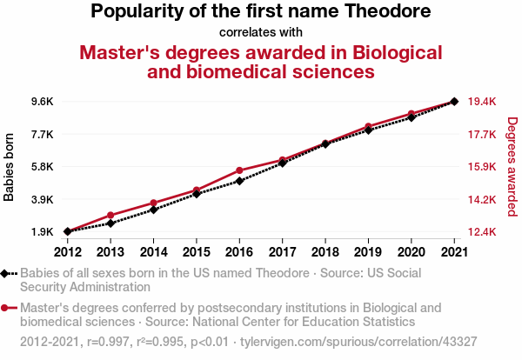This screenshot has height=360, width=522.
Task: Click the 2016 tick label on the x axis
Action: [239, 251]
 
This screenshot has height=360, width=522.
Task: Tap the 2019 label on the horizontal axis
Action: [368, 251]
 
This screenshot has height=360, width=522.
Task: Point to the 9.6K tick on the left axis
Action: [43, 102]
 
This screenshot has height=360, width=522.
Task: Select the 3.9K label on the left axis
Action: [43, 200]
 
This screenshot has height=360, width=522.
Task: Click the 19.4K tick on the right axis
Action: [482, 102]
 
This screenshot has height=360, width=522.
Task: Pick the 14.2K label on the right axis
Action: [482, 200]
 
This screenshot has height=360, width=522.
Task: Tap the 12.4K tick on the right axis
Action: [482, 232]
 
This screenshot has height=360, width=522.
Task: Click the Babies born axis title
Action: [10, 167]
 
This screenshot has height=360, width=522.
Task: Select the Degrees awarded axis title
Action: [512, 167]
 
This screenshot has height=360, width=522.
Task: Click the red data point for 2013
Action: [110, 215]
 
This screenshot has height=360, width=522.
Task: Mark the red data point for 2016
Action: [239, 170]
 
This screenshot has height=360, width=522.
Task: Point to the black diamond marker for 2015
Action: [197, 194]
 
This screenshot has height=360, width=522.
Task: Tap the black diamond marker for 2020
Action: [412, 117]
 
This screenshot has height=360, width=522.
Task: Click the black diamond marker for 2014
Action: [153, 210]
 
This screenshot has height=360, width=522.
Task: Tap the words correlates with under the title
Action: [260, 33]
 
